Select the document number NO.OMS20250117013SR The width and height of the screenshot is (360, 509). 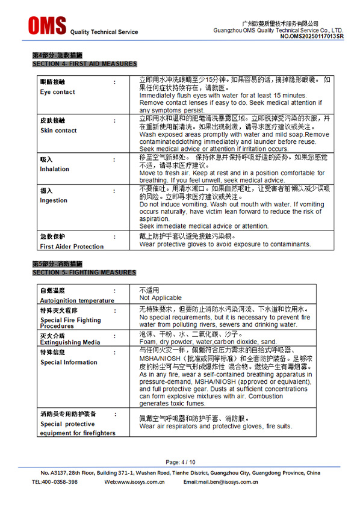[x=312, y=36]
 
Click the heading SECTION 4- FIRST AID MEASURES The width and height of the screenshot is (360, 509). [x=84, y=63]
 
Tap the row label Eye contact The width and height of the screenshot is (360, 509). [x=58, y=92]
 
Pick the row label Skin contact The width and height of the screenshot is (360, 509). [x=58, y=131]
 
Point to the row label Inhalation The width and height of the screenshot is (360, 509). [x=55, y=169]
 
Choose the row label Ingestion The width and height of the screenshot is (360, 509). [x=54, y=200]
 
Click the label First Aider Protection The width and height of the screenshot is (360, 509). [x=72, y=246]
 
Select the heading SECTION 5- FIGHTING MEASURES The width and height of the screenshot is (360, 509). [x=84, y=273]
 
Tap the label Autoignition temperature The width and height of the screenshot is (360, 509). [x=77, y=300]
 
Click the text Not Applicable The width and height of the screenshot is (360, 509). [x=160, y=298]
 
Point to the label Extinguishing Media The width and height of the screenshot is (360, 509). [x=70, y=342]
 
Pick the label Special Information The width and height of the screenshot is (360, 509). [x=69, y=362]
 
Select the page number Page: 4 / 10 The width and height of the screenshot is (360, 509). [x=180, y=462]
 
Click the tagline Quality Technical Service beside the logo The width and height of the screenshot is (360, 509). [x=104, y=32]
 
